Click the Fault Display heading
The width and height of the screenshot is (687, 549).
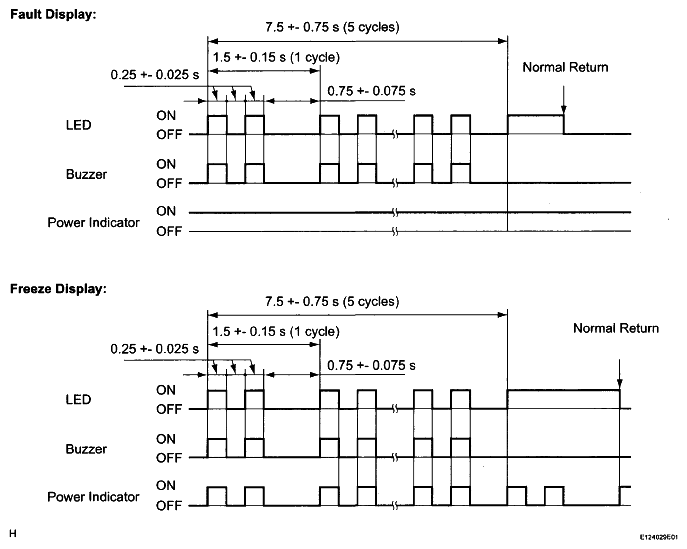[53, 14]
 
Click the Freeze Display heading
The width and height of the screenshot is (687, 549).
[58, 289]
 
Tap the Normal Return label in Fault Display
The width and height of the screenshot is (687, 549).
[565, 67]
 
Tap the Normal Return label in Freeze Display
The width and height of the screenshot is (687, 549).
[616, 328]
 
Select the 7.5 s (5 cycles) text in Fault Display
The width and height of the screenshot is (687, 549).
[332, 27]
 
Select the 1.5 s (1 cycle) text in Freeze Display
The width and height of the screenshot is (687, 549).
[276, 331]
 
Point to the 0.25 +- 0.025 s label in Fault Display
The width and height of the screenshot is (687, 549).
[155, 74]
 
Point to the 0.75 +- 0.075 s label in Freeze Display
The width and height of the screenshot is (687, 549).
[371, 365]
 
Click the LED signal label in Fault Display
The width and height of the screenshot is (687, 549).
[78, 125]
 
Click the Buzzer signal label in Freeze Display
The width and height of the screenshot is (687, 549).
[86, 449]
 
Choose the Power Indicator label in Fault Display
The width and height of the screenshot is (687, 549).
[93, 223]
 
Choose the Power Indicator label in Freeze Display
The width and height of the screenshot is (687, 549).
[93, 497]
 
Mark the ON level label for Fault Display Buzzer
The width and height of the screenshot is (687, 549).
[166, 164]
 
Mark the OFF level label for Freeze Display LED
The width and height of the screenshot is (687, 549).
[169, 409]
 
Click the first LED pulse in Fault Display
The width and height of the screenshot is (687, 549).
[217, 116]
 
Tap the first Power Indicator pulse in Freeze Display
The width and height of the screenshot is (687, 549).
[217, 487]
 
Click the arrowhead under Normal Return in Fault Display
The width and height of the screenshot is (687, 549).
[563, 110]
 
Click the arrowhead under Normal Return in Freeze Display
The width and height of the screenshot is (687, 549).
[619, 384]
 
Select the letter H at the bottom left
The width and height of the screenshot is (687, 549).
[13, 533]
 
